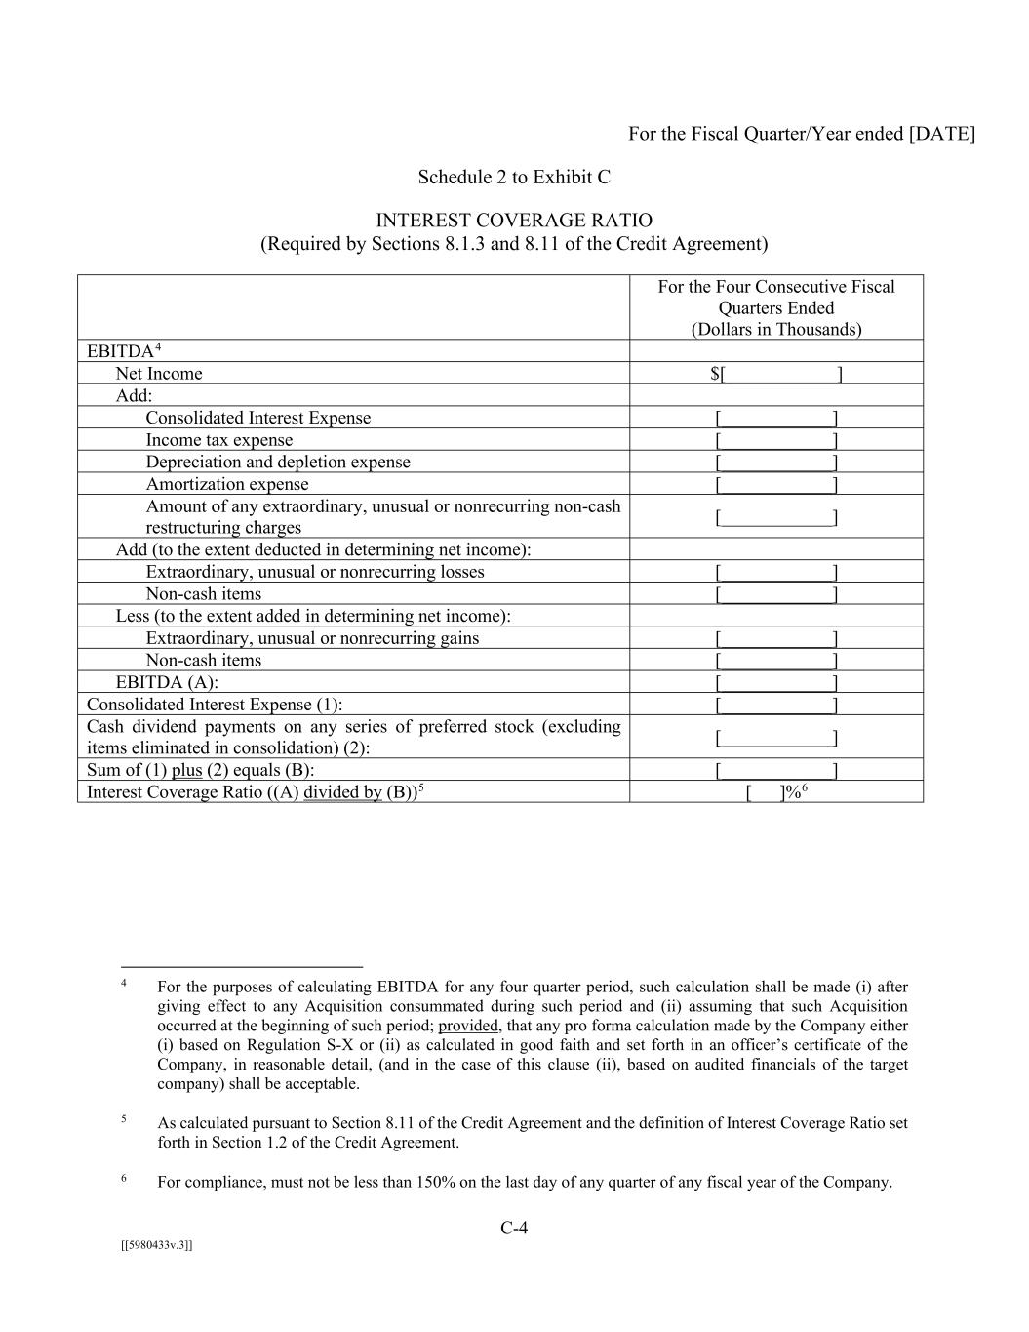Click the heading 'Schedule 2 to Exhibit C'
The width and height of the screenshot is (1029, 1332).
(x=514, y=177)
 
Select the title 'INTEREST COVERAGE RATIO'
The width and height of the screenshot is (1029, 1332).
(x=514, y=221)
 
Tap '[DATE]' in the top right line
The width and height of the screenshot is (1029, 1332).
(x=941, y=134)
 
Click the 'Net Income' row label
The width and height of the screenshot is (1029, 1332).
(x=159, y=374)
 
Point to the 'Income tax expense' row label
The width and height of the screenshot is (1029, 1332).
(x=218, y=440)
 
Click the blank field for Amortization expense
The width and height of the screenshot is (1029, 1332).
(x=775, y=484)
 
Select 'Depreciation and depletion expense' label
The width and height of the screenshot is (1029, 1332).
(x=278, y=462)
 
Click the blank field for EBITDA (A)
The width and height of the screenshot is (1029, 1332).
(x=775, y=682)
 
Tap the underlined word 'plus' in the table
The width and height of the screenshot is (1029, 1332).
(x=186, y=770)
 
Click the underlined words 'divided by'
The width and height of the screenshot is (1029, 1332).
(x=342, y=792)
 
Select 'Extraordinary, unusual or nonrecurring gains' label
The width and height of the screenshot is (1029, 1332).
(x=312, y=638)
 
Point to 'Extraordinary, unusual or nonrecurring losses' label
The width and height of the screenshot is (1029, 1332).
(x=315, y=572)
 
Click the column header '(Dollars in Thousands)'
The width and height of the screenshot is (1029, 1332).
(x=776, y=329)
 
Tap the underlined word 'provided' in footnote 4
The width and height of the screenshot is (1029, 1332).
(x=469, y=1026)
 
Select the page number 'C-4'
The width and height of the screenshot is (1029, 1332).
(x=514, y=1228)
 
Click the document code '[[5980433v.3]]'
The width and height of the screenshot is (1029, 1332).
(x=157, y=1245)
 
